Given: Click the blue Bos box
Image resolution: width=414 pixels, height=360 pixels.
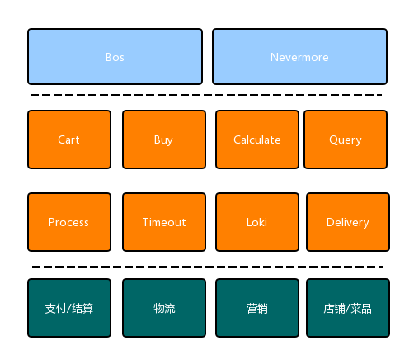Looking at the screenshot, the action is [115, 56].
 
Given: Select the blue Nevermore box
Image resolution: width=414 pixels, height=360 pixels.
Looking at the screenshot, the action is [299, 56].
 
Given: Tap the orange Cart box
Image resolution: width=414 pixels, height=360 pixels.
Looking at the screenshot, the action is [69, 140].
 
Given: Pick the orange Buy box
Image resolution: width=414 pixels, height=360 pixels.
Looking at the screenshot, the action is [164, 140].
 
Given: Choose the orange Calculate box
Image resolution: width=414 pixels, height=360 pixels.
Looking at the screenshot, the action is [257, 140].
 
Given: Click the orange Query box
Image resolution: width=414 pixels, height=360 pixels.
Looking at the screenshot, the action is [346, 140].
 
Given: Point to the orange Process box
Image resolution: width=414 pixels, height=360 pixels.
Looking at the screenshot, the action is [69, 222].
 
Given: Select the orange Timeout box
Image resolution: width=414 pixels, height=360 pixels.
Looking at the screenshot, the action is [164, 222].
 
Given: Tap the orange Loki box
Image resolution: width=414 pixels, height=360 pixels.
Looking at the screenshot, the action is [257, 222].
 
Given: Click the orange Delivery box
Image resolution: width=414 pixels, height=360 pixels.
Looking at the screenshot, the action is [348, 222].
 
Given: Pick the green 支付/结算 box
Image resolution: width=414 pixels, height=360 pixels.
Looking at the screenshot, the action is [69, 308].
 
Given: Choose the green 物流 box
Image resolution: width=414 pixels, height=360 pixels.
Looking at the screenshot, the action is [164, 308].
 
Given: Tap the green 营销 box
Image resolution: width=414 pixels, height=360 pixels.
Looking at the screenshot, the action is [257, 308].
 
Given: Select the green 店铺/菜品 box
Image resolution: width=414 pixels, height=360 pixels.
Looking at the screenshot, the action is [348, 308].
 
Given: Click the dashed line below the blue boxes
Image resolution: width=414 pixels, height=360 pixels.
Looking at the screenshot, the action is [206, 95].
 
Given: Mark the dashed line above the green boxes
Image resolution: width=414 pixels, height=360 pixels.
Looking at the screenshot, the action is [208, 267].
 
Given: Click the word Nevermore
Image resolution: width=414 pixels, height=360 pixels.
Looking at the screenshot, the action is [299, 57].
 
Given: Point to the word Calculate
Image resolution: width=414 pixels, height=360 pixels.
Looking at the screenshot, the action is [257, 140].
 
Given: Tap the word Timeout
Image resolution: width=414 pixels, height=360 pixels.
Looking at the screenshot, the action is [164, 222].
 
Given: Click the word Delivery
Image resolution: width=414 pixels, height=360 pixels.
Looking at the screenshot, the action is [348, 223].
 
